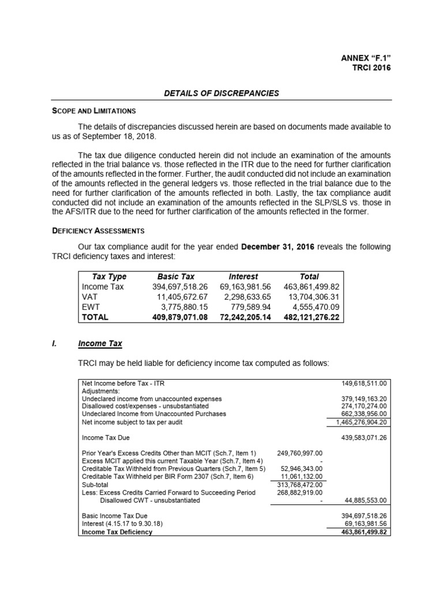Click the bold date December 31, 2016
(277, 246)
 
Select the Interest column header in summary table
(243, 276)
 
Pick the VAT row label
(89, 297)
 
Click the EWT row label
(91, 306)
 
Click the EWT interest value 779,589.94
(250, 306)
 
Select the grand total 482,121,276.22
(311, 317)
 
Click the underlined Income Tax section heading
(100, 343)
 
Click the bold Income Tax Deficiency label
(117, 532)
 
